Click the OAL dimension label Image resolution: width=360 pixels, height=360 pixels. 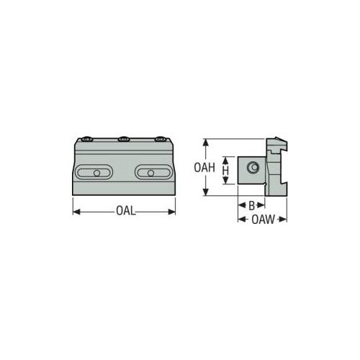pos(125,212)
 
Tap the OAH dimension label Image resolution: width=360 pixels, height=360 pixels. pos(205,168)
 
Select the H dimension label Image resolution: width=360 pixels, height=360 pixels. pos(225,170)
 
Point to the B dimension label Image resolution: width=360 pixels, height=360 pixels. pos(251,205)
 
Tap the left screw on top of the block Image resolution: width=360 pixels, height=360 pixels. pos(88,140)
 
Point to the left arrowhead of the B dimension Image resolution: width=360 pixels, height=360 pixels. pos(240,205)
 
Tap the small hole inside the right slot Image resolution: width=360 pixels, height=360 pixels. pos(150,173)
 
